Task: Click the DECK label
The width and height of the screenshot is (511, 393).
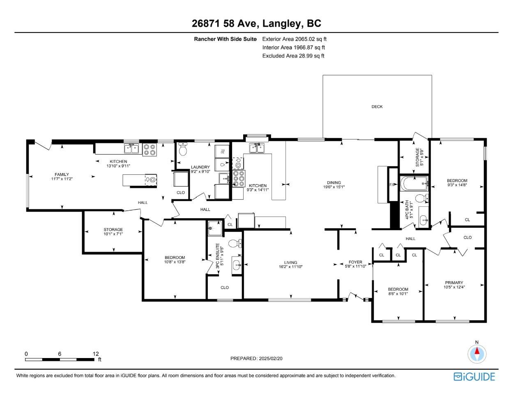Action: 377,106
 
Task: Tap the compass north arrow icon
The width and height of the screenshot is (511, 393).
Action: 477,353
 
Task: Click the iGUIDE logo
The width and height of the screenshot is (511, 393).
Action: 474,376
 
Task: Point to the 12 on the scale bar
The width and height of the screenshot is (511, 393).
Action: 96,354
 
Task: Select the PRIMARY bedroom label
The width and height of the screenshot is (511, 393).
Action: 454,282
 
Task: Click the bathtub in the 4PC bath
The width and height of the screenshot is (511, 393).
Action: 414,184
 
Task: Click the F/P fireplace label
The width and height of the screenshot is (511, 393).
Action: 392,185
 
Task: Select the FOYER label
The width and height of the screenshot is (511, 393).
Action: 355,262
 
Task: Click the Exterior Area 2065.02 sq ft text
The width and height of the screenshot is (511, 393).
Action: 294,39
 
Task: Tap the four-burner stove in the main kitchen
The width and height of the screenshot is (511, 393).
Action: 238,178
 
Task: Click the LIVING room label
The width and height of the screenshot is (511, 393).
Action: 290,263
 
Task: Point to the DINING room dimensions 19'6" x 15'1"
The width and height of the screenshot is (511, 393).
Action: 334,187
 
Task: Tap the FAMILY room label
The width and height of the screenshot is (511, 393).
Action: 62,174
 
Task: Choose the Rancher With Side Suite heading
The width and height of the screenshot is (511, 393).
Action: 225,39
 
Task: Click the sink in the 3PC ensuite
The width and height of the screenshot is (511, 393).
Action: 236,264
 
